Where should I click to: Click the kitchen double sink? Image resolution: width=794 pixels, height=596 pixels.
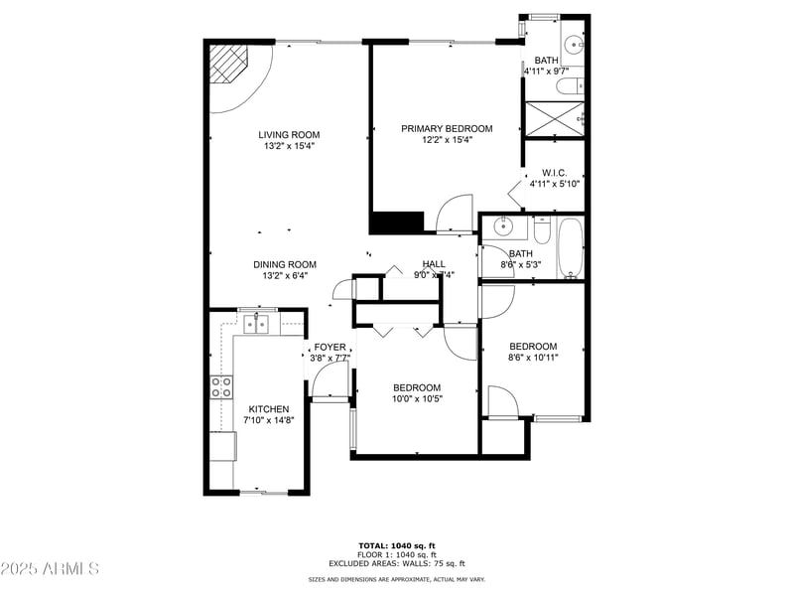[258, 323]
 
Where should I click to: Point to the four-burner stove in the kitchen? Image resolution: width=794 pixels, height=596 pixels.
[221, 387]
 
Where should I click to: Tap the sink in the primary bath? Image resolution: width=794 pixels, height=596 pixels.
[574, 44]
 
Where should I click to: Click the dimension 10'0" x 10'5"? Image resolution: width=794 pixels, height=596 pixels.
[417, 398]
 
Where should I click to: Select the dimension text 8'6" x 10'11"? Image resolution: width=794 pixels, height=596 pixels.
[533, 358]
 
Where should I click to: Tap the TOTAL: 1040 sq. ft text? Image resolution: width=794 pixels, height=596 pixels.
[396, 545]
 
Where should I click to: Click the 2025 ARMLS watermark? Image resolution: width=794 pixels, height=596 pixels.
[50, 569]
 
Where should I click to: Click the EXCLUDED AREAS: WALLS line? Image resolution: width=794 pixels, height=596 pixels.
[396, 562]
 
